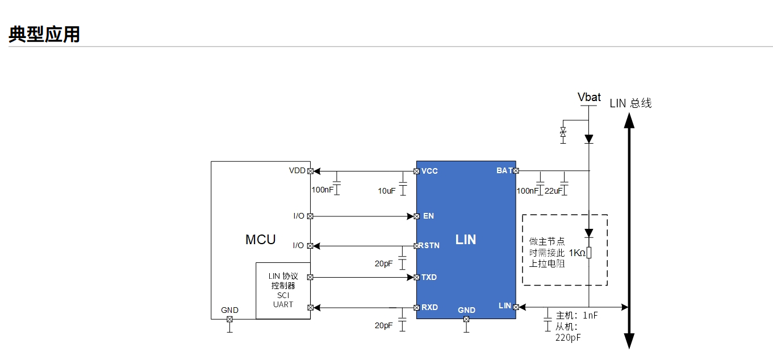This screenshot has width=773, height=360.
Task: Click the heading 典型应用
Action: click(44, 34)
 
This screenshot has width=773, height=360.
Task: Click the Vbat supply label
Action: click(589, 97)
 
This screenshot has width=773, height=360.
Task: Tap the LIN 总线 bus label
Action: click(630, 103)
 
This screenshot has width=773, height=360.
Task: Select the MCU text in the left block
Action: click(260, 240)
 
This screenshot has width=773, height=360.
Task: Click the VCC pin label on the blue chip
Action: click(429, 171)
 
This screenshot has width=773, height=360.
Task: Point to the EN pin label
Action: click(428, 216)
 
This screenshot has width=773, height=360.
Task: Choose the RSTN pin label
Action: click(429, 246)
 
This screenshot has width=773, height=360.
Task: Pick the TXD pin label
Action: click(429, 277)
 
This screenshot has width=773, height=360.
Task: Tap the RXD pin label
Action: click(429, 307)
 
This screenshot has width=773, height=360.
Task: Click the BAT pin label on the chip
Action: click(504, 170)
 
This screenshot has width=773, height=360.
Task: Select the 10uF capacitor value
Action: click(387, 191)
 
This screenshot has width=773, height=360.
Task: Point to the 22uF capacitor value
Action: click(553, 191)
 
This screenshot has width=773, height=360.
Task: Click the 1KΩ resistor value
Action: click(576, 253)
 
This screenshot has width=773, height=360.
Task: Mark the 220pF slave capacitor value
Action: click(568, 337)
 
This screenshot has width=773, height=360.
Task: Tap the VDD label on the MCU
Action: click(297, 170)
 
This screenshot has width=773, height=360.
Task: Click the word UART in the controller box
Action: click(283, 304)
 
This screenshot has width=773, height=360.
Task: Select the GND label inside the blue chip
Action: click(466, 310)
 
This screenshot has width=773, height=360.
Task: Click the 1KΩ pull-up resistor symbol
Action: click(589, 253)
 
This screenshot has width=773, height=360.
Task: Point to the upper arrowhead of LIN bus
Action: click(629, 120)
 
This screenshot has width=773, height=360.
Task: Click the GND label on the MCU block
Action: click(229, 310)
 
